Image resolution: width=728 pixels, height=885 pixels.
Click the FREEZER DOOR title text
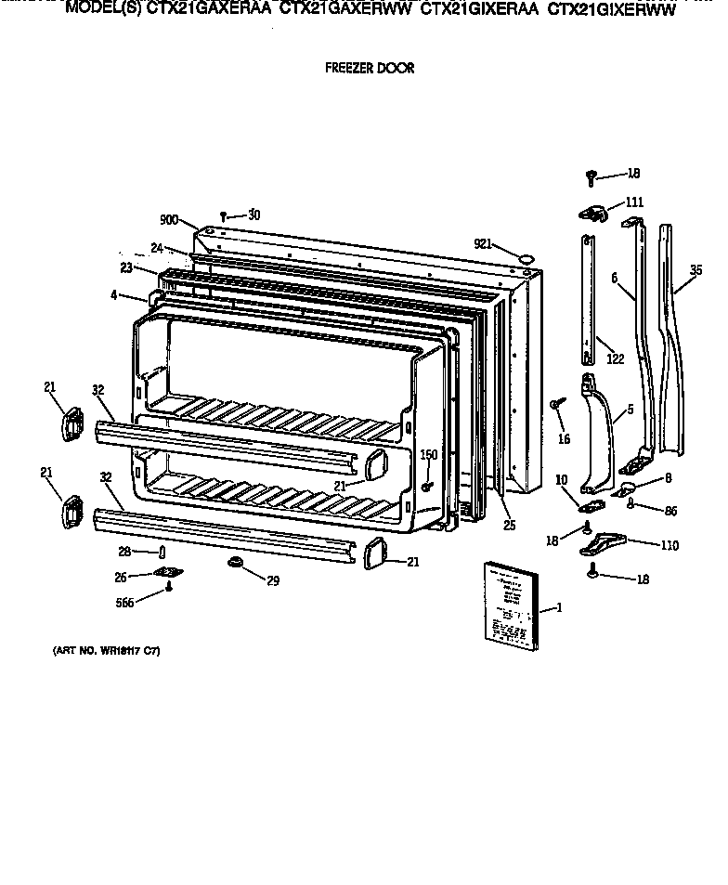click(x=369, y=68)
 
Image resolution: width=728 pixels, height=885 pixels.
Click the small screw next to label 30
click(x=224, y=216)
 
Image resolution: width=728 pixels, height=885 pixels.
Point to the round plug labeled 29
click(x=234, y=563)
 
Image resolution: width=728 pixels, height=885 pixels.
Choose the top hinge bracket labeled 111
click(x=591, y=215)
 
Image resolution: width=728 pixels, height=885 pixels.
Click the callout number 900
click(x=168, y=220)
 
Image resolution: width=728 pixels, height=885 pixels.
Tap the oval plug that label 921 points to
click(x=526, y=254)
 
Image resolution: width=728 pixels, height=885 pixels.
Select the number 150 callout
click(x=428, y=454)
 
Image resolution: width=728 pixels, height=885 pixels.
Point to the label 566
click(x=124, y=602)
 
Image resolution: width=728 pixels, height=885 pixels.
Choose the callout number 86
click(x=669, y=510)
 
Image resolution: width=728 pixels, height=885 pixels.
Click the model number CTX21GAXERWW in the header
click(x=346, y=11)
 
